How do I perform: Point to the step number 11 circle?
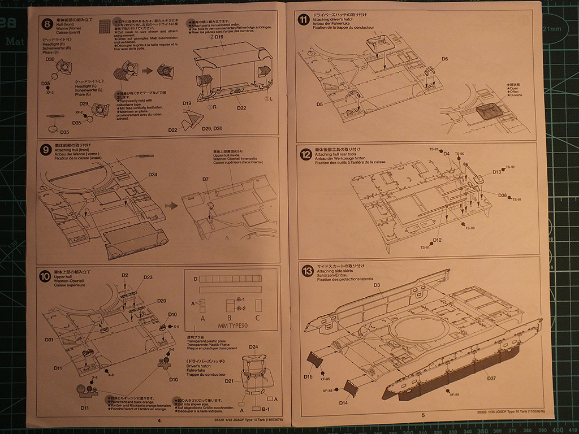(x=304, y=20)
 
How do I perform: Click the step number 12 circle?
(x=306, y=154)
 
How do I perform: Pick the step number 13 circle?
(x=307, y=271)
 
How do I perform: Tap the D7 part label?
(x=205, y=179)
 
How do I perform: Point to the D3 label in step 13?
(x=377, y=285)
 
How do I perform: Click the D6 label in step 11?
(x=444, y=59)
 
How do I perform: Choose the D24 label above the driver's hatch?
(x=253, y=347)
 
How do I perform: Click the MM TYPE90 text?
(x=234, y=326)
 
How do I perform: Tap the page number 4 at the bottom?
(x=159, y=420)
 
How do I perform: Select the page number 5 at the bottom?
(x=423, y=415)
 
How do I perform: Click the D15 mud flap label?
(x=308, y=377)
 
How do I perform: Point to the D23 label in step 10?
(x=148, y=277)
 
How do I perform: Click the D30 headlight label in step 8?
(x=50, y=59)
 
